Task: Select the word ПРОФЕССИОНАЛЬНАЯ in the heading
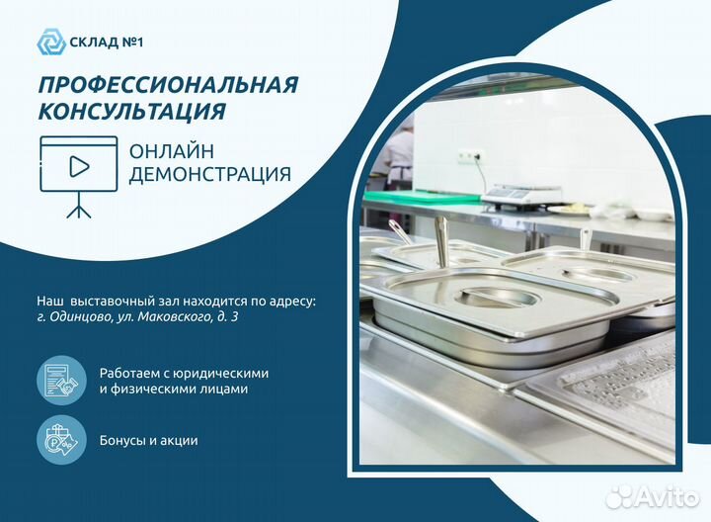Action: [x=169, y=84]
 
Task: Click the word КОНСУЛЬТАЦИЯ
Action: [x=132, y=112]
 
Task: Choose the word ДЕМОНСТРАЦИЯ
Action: [x=209, y=175]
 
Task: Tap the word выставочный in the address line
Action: [x=112, y=298]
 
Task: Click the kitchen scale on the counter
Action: [x=520, y=194]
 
